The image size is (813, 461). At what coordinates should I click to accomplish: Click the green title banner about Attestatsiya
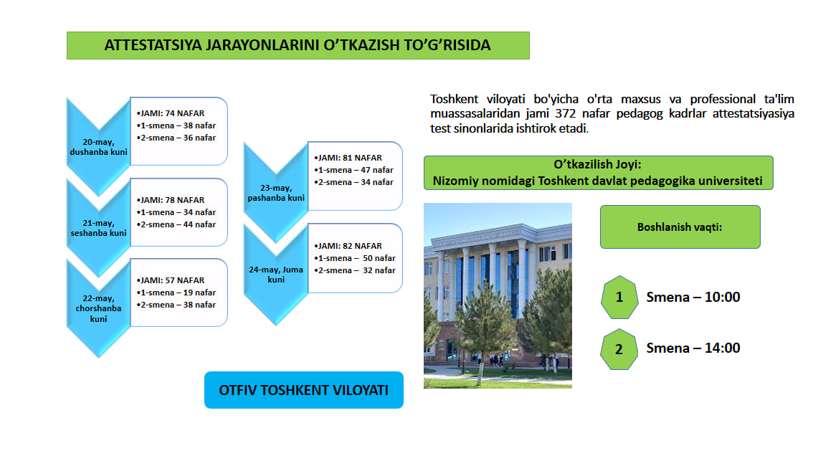pyautogui.click(x=298, y=45)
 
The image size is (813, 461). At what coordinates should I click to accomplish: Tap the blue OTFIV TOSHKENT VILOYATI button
pyautogui.click(x=304, y=390)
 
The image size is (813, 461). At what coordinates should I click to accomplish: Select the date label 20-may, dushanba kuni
pyautogui.click(x=98, y=147)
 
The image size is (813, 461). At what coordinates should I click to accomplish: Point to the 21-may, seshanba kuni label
pyautogui.click(x=98, y=228)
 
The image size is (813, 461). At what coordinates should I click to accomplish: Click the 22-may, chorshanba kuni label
pyautogui.click(x=98, y=308)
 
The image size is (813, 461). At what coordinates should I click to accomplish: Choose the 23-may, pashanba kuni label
pyautogui.click(x=276, y=193)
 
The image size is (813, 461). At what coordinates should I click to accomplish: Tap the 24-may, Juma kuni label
pyautogui.click(x=276, y=275)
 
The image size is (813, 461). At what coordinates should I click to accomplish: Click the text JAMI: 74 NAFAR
pyautogui.click(x=171, y=113)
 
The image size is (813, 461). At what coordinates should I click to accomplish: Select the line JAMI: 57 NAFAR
pyautogui.click(x=171, y=280)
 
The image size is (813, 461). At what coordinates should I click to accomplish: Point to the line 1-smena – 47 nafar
pyautogui.click(x=353, y=170)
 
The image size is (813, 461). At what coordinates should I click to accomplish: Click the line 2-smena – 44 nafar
pyautogui.click(x=176, y=224)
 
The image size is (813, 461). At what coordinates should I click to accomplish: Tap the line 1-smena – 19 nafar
pyautogui.click(x=176, y=293)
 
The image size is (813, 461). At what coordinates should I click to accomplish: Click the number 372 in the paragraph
pyautogui.click(x=566, y=113)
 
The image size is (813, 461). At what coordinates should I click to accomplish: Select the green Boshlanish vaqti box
pyautogui.click(x=680, y=227)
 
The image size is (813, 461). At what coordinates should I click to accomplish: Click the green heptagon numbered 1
pyautogui.click(x=619, y=297)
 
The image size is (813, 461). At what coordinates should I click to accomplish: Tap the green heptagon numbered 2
pyautogui.click(x=619, y=349)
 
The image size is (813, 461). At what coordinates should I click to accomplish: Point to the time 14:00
pyautogui.click(x=722, y=348)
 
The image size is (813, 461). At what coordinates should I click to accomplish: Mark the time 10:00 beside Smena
pyautogui.click(x=722, y=297)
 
